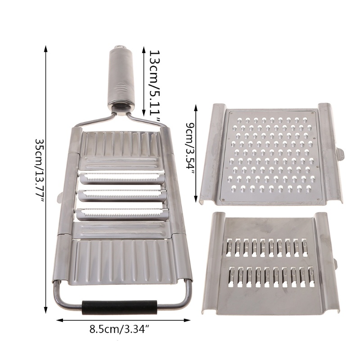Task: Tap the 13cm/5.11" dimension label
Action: [155, 87]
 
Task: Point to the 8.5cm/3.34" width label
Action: [121, 329]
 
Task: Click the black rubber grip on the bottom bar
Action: [120, 307]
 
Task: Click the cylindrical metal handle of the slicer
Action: [121, 78]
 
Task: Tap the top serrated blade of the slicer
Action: [122, 178]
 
